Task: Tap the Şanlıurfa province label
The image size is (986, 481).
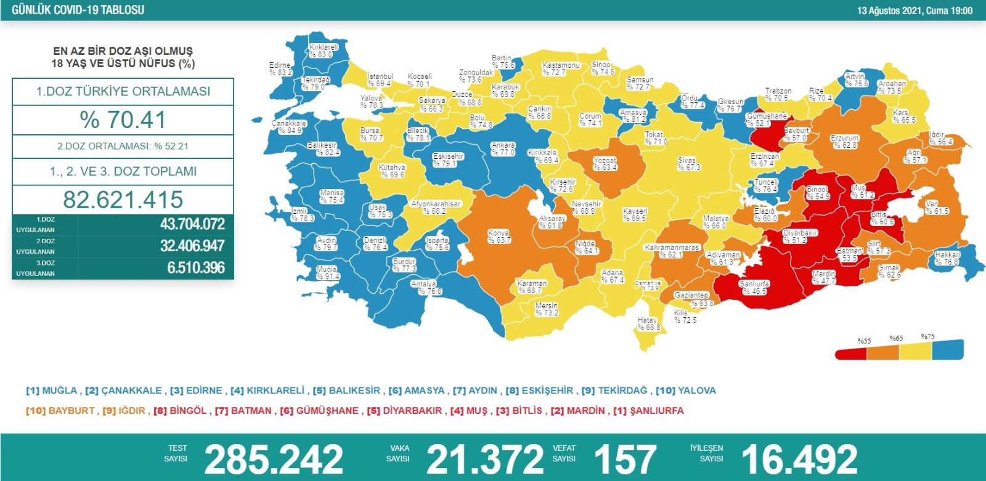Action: tap(754, 288)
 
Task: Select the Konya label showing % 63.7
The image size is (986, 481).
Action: tap(499, 236)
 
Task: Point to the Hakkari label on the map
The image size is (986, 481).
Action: tap(947, 258)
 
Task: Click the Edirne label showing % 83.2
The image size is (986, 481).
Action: tap(280, 68)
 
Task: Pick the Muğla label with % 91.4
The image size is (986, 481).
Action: tap(327, 273)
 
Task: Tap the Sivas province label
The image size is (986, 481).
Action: tap(688, 164)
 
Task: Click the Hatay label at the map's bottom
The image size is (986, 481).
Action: tap(648, 324)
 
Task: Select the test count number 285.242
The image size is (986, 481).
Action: tap(273, 459)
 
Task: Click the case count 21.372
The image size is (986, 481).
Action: tap(485, 459)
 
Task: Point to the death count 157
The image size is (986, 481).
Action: tap(625, 459)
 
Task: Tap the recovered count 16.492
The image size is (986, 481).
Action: tap(799, 459)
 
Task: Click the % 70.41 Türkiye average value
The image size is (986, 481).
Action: tap(123, 120)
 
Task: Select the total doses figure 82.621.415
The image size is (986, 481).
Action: tap(123, 200)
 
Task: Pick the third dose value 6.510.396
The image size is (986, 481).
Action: tap(196, 268)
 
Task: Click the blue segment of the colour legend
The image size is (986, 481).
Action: tap(948, 349)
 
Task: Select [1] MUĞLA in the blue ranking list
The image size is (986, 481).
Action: tap(52, 390)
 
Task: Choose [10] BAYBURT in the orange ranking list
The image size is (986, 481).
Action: tap(60, 411)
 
